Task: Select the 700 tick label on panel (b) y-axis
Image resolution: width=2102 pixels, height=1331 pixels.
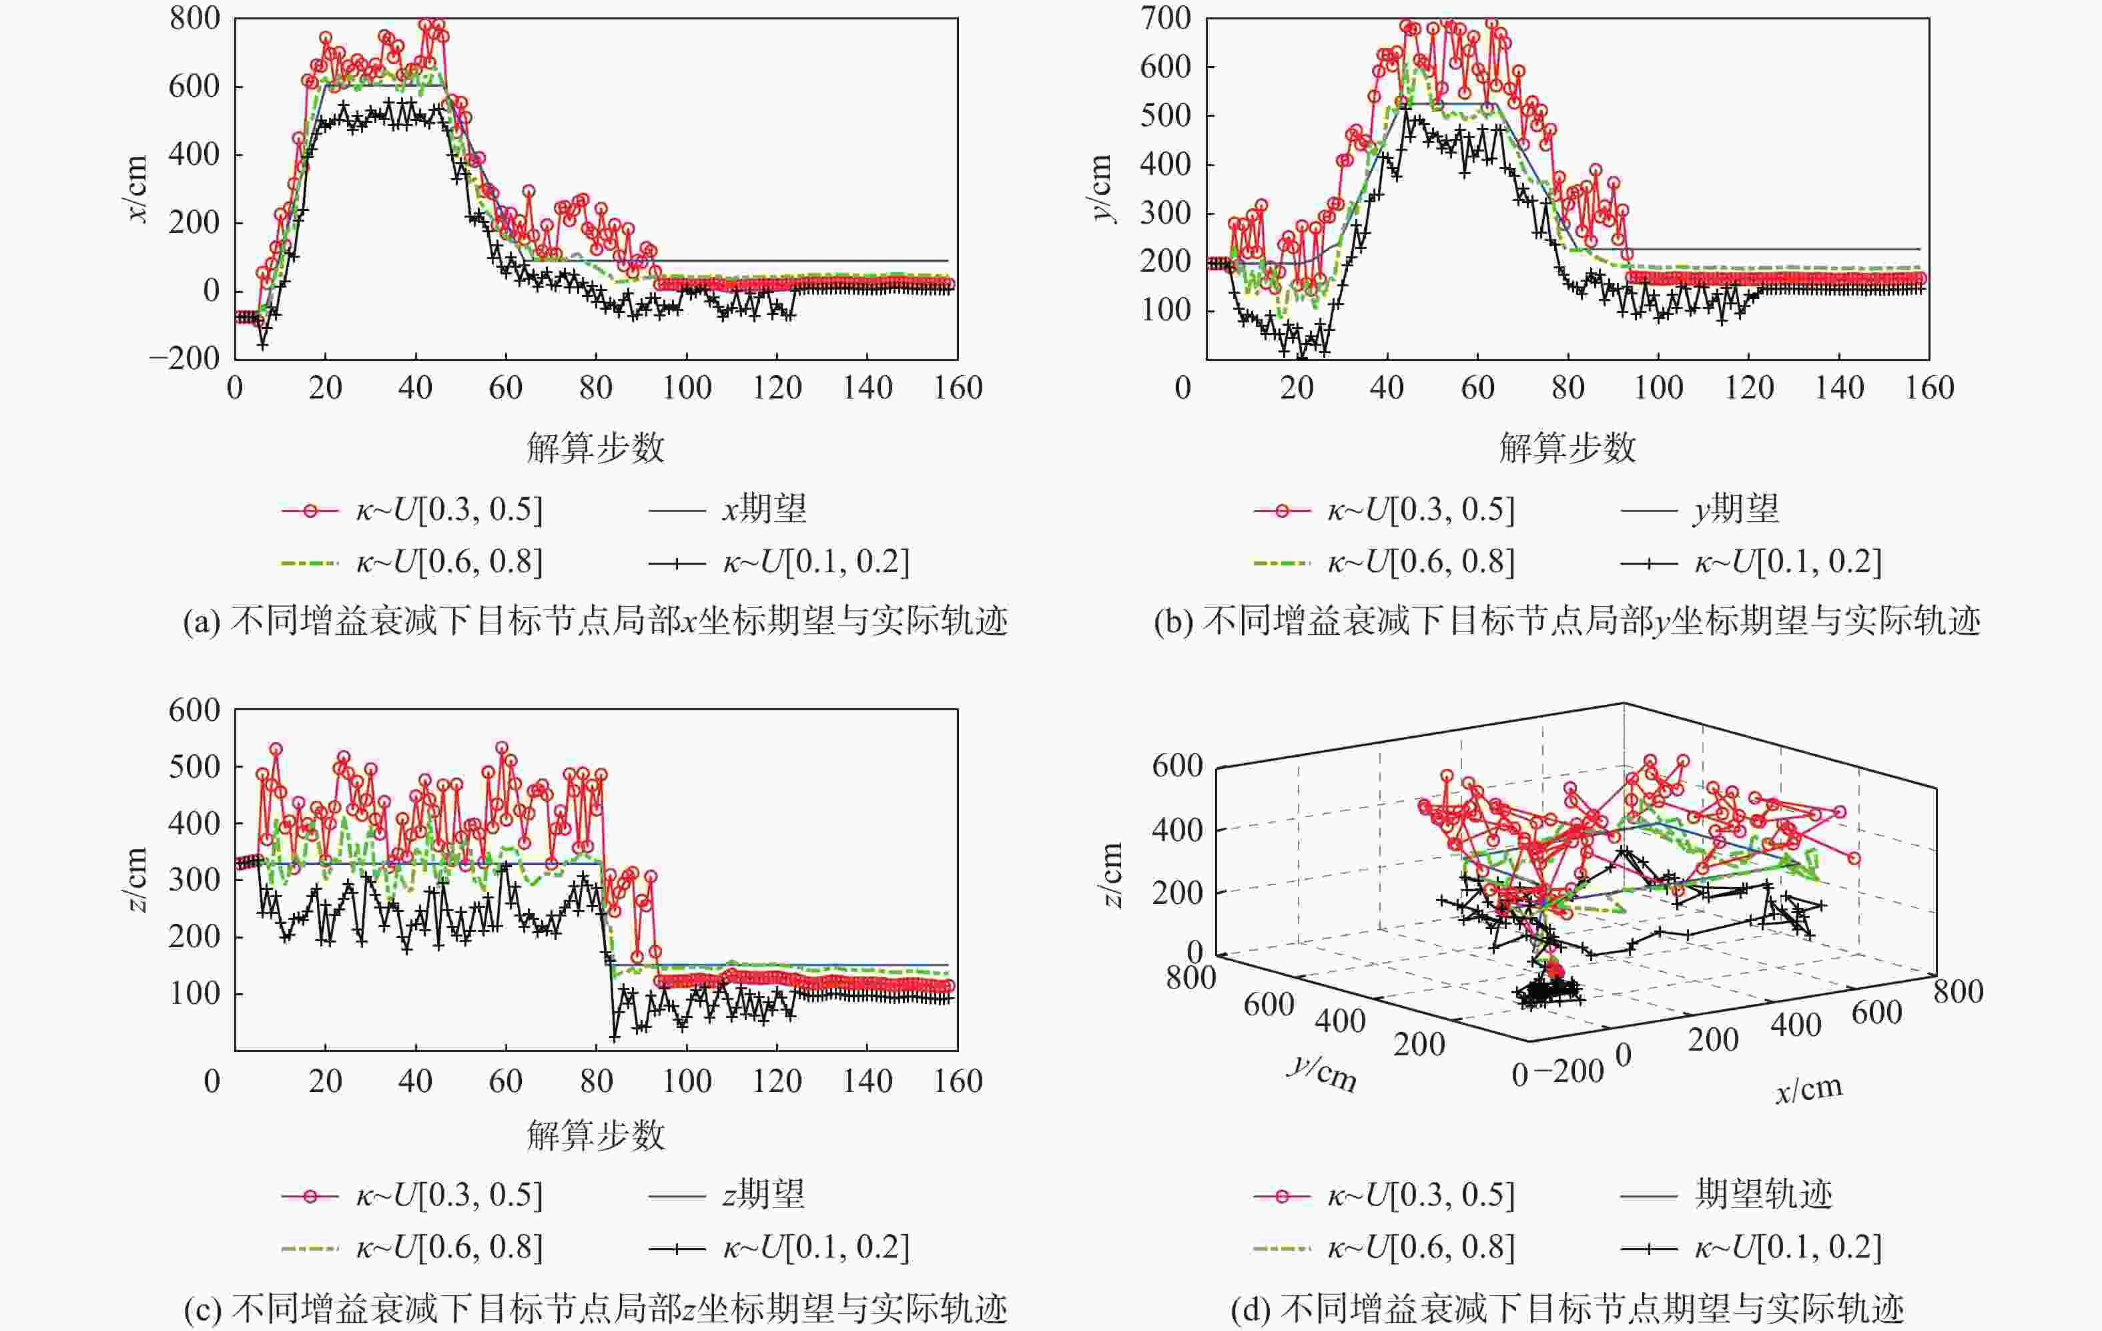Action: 1165,18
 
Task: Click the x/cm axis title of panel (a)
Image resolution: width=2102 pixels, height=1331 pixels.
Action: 137,189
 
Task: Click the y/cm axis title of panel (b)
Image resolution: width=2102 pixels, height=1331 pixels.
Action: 1102,189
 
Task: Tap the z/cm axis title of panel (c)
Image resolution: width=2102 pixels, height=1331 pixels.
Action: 137,880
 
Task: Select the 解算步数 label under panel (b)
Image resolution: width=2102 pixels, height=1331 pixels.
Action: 1567,448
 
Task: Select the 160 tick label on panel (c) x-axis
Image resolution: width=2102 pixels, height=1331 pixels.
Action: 958,1082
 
